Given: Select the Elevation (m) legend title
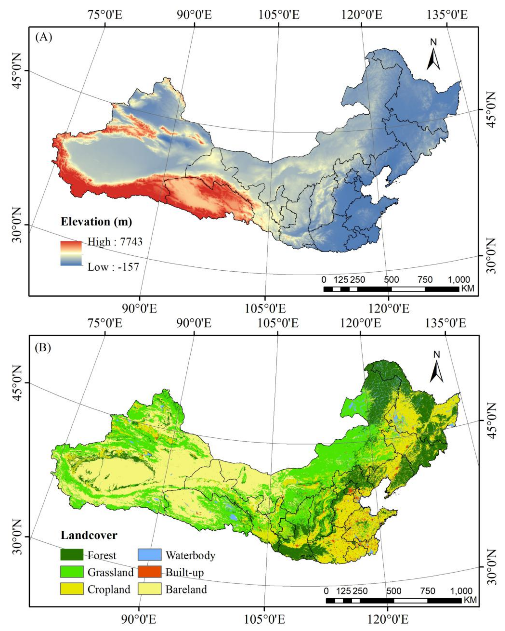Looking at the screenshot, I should (96, 221).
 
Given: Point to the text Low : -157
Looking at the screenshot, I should (113, 267).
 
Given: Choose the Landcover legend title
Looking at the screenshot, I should (89, 535).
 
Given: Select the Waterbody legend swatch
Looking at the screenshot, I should (149, 554).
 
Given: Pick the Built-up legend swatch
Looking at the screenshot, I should (149, 572).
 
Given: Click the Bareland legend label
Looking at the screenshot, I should (186, 589).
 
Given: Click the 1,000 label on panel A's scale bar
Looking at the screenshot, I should (458, 279).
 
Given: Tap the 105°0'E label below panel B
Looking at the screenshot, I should (264, 620).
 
